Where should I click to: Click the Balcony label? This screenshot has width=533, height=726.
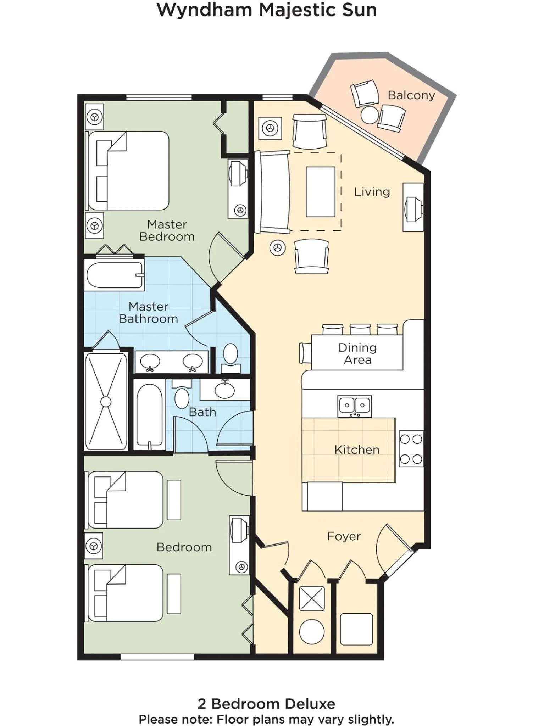(411, 95)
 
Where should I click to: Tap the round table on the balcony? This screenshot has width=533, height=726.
(370, 115)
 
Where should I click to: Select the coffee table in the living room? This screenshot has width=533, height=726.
(321, 192)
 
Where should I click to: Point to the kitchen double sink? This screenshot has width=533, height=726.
(354, 406)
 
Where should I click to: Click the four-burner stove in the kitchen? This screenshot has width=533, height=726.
(411, 449)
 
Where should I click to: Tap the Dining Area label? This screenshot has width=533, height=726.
(357, 353)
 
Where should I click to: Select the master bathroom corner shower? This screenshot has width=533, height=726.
(106, 401)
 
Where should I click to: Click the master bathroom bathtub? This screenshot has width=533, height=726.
(114, 275)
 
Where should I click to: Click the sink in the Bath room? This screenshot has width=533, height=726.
(224, 390)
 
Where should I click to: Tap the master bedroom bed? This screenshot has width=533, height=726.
(128, 171)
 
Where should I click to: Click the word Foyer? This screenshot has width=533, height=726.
(343, 536)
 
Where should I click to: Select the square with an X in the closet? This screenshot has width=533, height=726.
(312, 599)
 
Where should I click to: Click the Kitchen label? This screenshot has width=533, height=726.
(357, 449)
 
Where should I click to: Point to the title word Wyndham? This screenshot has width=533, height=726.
(205, 10)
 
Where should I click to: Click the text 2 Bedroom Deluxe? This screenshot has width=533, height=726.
(266, 703)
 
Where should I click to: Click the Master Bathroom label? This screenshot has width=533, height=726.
(148, 312)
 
